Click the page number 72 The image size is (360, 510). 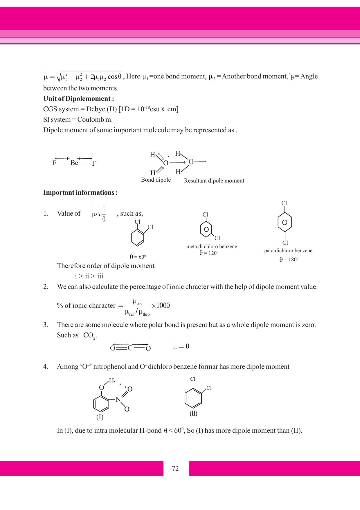(175, 468)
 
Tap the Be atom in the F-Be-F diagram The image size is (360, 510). (74, 163)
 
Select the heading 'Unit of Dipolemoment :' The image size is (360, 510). (78, 99)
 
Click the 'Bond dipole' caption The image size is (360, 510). (156, 180)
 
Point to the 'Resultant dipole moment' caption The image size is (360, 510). (214, 181)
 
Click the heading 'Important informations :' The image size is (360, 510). (80, 192)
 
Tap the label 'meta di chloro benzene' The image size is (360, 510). (212, 246)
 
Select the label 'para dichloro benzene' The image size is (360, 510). (288, 250)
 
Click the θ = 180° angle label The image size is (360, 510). (289, 260)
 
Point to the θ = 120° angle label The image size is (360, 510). (209, 253)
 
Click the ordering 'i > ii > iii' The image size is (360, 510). (89, 276)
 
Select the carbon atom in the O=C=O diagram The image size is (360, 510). (130, 348)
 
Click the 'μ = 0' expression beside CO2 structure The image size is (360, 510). (181, 346)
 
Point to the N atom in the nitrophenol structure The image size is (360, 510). (118, 399)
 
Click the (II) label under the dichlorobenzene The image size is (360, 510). (193, 414)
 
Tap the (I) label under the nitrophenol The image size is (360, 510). (100, 417)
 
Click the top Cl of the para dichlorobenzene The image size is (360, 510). (284, 203)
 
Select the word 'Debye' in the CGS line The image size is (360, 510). (96, 109)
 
